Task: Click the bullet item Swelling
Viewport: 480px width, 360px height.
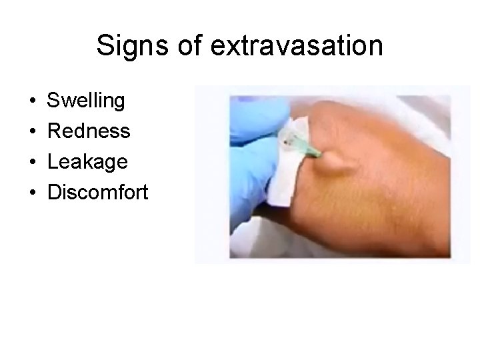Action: point(86,101)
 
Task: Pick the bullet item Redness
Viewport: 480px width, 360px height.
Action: point(89,131)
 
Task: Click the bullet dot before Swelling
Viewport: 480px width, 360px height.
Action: point(33,102)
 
